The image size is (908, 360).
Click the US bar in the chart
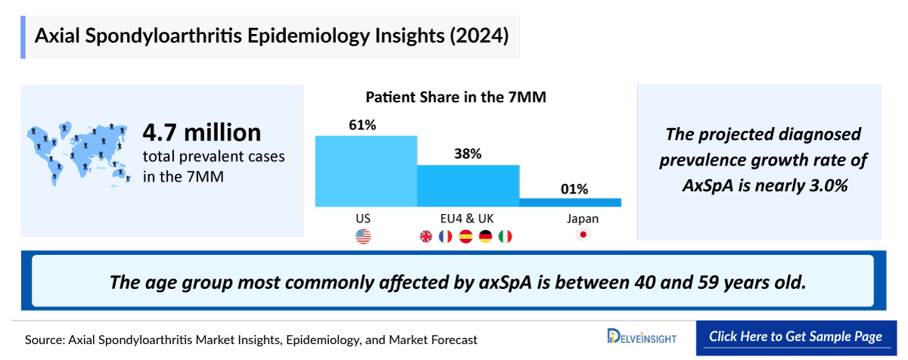point(366,171)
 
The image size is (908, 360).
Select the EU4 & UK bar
point(468,185)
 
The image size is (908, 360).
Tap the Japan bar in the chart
point(570,202)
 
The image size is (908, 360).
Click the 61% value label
point(362,125)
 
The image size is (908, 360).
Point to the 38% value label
point(468,154)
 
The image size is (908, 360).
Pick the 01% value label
point(574,188)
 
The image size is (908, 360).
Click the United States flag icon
point(363,237)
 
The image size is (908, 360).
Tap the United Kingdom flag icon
point(427,237)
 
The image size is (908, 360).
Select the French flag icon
point(446,237)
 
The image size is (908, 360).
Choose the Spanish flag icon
point(466,237)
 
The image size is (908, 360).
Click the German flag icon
point(485,237)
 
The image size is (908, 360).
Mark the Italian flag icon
point(505,237)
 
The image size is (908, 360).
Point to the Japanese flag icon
point(583,236)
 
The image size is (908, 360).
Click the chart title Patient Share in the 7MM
point(456,98)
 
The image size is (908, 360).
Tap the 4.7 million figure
point(202,133)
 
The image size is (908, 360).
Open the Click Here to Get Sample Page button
point(796,337)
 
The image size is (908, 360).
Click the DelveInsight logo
point(642,337)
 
